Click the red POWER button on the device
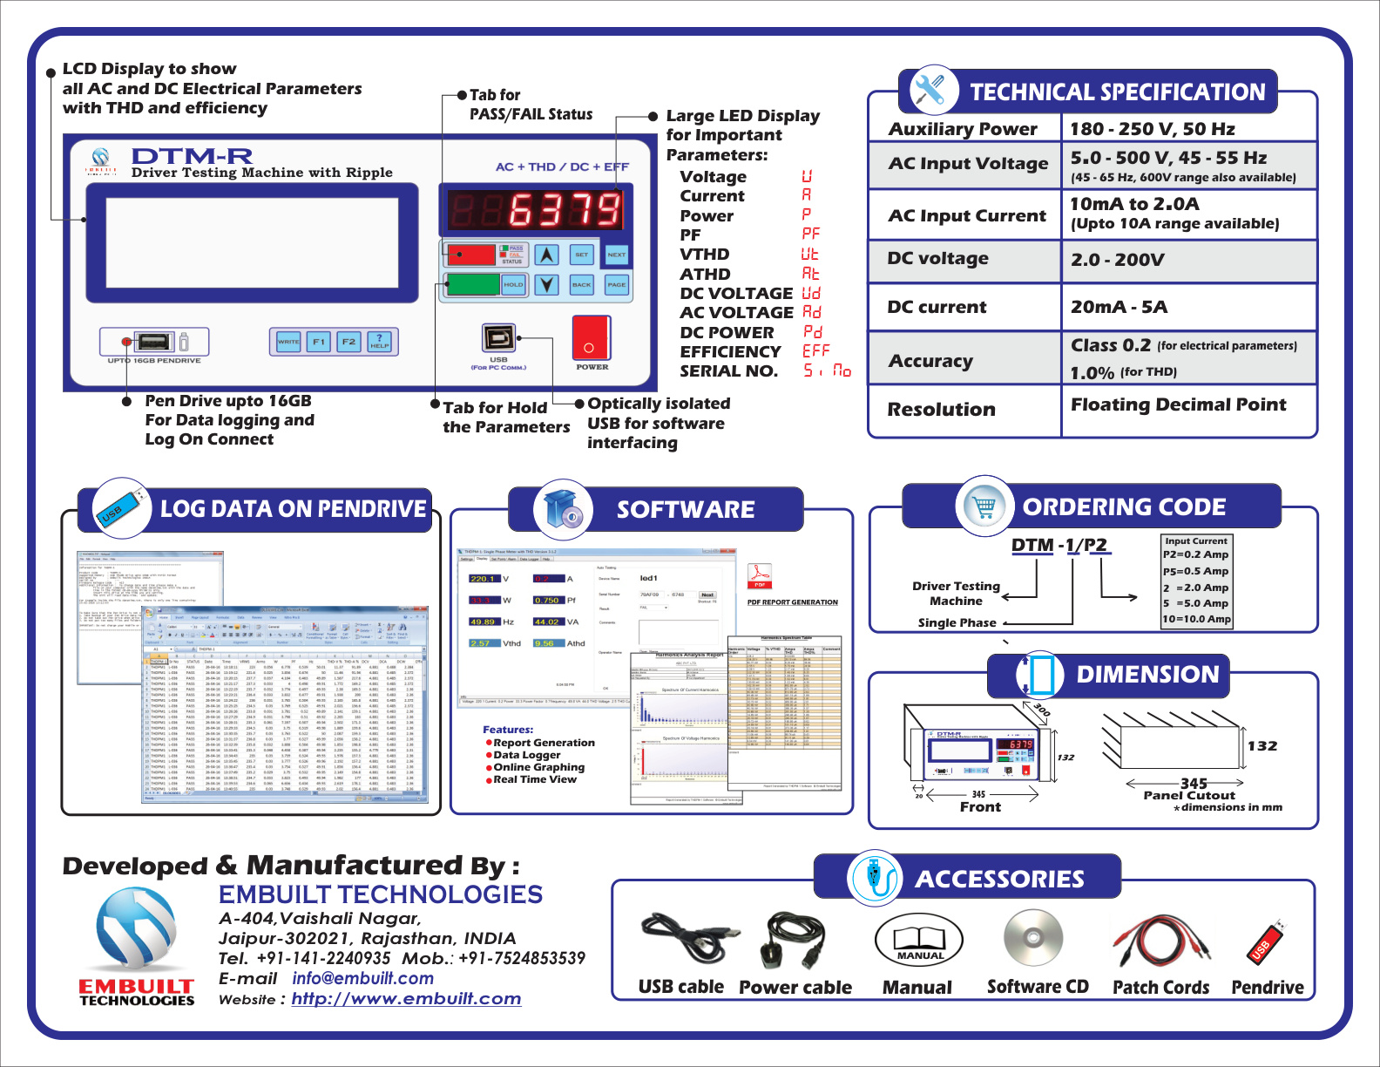591,337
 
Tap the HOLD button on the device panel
513,284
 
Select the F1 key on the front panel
319,342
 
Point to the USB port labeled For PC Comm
498,337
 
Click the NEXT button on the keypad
616,255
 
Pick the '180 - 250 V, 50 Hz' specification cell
1152,129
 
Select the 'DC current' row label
937,307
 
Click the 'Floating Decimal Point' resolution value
1178,404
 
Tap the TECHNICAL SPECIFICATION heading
1117,92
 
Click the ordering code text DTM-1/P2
1059,545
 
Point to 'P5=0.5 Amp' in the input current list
1195,571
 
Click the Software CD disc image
1032,938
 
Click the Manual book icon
919,940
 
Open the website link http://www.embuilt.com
406,999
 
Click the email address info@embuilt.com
362,978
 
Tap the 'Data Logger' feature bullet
526,755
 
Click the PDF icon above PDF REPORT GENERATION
760,575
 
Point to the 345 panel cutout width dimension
1194,783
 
